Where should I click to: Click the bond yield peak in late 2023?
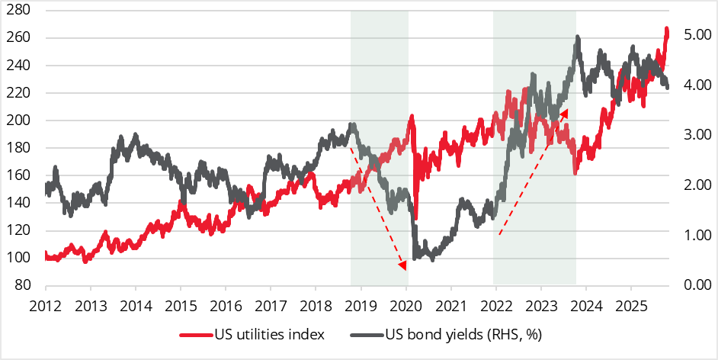point(578,37)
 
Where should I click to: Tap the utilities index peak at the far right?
point(667,30)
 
